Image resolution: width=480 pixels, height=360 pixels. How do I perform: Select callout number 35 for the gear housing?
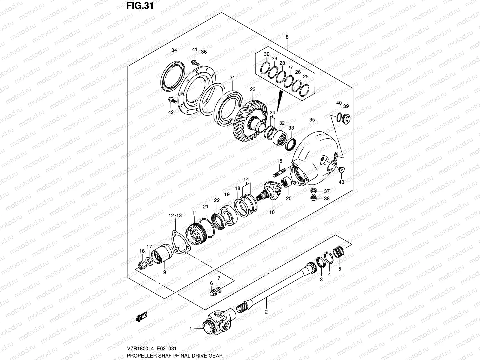coord(312,120)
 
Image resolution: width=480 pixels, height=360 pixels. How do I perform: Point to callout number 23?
coord(252,89)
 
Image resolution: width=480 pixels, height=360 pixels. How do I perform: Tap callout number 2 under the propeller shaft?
coord(266,312)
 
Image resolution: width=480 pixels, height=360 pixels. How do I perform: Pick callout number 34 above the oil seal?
coord(174,50)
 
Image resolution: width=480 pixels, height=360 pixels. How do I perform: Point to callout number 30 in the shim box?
coord(266,54)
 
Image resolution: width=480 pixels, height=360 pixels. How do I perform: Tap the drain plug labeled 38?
coord(313,198)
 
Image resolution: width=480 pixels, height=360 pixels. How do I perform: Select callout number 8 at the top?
coord(287,37)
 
